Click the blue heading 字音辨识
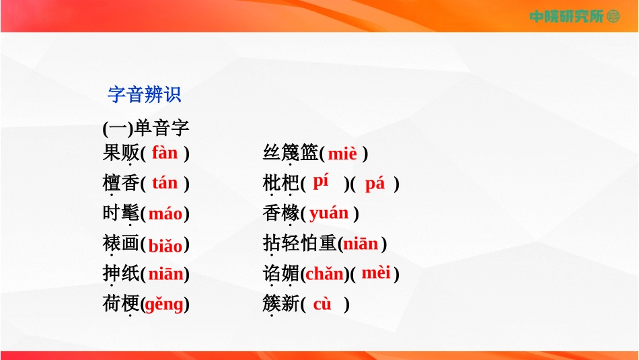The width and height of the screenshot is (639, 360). (144, 95)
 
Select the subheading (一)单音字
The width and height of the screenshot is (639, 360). (146, 129)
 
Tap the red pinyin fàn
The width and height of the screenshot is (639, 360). (165, 153)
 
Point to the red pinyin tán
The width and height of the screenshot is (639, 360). (165, 182)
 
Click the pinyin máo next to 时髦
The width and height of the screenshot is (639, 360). (165, 213)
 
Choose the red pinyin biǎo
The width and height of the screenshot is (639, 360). (165, 245)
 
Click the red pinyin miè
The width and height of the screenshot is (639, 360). (342, 153)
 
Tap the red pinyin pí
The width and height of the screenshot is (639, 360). (321, 181)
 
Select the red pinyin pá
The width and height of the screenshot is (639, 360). (375, 184)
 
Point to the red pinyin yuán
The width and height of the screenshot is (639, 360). (329, 213)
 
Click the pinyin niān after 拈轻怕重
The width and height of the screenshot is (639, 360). (361, 244)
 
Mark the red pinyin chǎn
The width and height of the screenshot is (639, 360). (324, 274)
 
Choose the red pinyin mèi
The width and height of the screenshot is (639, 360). (376, 273)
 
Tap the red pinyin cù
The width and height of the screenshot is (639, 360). (322, 304)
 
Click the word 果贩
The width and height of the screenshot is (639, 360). (121, 153)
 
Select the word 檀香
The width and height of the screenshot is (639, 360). (121, 182)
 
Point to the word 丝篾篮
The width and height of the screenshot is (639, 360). (291, 153)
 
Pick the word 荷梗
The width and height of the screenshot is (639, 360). (121, 303)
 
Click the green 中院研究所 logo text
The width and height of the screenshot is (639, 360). (566, 16)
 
